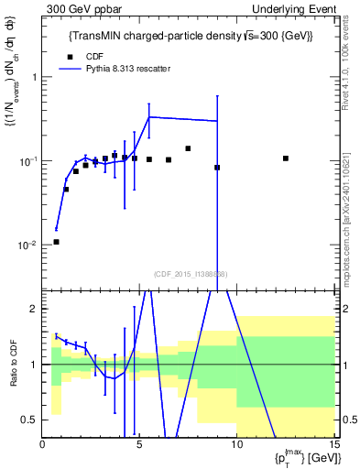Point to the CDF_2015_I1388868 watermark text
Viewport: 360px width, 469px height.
tap(191, 274)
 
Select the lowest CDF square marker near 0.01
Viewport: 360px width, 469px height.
tap(56, 242)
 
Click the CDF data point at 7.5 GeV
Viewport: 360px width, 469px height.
tap(188, 148)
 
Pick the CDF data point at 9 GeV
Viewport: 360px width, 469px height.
tap(217, 168)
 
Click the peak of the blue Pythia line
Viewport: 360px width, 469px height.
tap(149, 116)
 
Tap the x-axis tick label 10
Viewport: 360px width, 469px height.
tap(236, 445)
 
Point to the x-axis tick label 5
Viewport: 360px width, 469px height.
tap(139, 445)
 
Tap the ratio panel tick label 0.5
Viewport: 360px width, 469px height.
tap(30, 420)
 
